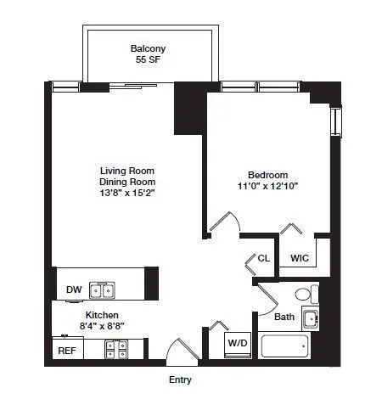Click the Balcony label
(x=147, y=48)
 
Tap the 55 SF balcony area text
(x=147, y=61)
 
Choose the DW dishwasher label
(x=74, y=290)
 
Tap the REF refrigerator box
(x=67, y=350)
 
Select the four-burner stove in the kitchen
(x=116, y=348)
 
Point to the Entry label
(x=181, y=379)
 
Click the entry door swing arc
(x=182, y=350)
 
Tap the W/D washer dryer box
(x=237, y=343)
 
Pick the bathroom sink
(x=311, y=320)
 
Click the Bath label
(x=285, y=317)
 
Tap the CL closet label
(x=264, y=258)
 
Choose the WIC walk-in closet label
(x=300, y=257)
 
